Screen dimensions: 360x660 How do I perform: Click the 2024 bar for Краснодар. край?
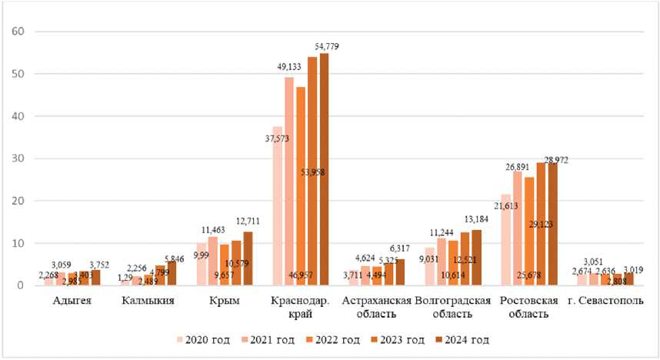tap(324, 169)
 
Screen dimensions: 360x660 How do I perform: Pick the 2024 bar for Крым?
tap(248, 258)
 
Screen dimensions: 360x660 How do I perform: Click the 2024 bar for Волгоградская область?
tap(475, 258)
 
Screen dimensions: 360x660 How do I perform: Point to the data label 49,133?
tap(292, 68)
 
